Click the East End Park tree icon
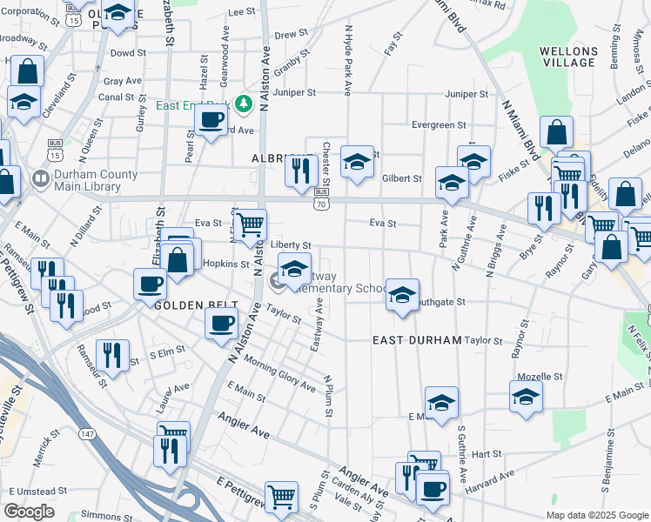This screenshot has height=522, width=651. (x=245, y=105)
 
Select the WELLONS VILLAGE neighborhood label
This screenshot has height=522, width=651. (x=568, y=57)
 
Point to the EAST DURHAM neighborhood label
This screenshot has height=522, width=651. (x=416, y=340)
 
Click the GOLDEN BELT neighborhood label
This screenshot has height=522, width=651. (x=185, y=306)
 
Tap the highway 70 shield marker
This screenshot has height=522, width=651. (x=322, y=203)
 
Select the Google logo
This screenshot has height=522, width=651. (x=29, y=512)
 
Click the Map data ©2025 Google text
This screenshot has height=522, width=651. (x=597, y=515)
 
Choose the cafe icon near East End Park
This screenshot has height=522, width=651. (x=210, y=121)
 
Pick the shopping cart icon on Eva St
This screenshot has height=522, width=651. (x=251, y=224)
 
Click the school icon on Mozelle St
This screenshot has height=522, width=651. (x=526, y=397)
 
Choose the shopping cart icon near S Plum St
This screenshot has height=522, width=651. (x=282, y=498)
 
